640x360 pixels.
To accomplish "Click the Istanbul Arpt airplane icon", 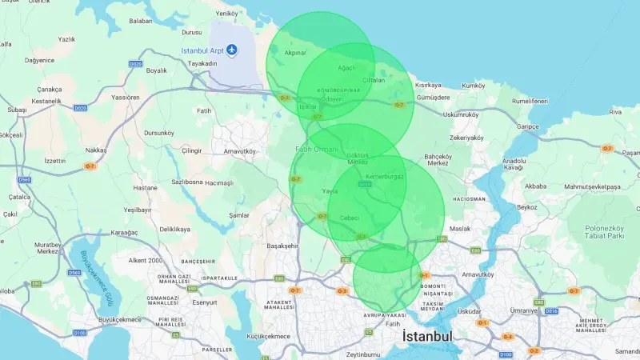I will pos(232,51).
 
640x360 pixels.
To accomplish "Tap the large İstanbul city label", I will pos(427,337).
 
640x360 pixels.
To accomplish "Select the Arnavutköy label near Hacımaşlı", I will pos(239,150).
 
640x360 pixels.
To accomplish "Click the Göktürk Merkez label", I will pos(358,158).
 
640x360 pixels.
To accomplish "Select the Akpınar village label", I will pos(296,53).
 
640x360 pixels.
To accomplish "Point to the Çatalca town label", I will pos(18,196).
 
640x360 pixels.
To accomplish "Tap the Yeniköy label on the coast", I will pos(228,14).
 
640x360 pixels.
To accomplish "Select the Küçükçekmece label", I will pos(269,336).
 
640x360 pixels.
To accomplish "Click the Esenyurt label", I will pos(205,302).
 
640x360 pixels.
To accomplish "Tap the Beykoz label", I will pos(527,206).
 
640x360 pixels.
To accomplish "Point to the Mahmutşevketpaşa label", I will pos(593,186).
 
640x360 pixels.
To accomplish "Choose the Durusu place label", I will pos(192,33).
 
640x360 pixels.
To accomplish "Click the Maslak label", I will pos(460,230).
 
